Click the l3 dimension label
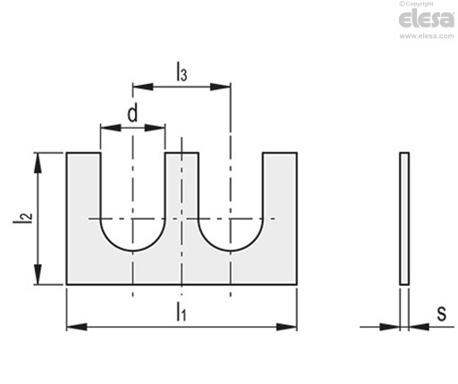[x=182, y=71]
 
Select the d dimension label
[x=132, y=113]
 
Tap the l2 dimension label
[x=22, y=219]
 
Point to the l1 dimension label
[x=181, y=312]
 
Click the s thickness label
[x=442, y=313]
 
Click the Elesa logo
[x=427, y=18]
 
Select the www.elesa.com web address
[x=427, y=36]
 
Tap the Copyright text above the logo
[x=416, y=4]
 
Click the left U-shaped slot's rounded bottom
[x=132, y=251]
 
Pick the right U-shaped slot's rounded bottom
[x=230, y=251]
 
